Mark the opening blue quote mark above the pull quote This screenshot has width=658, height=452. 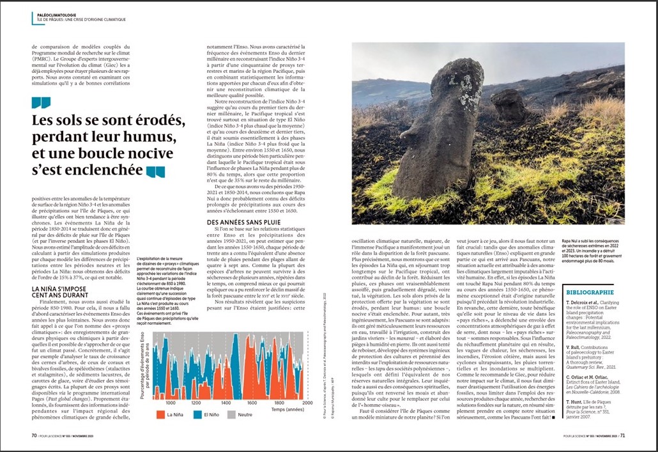coord(40,103)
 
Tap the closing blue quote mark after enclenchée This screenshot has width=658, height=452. coord(155,171)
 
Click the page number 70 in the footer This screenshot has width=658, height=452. coord(34,436)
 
